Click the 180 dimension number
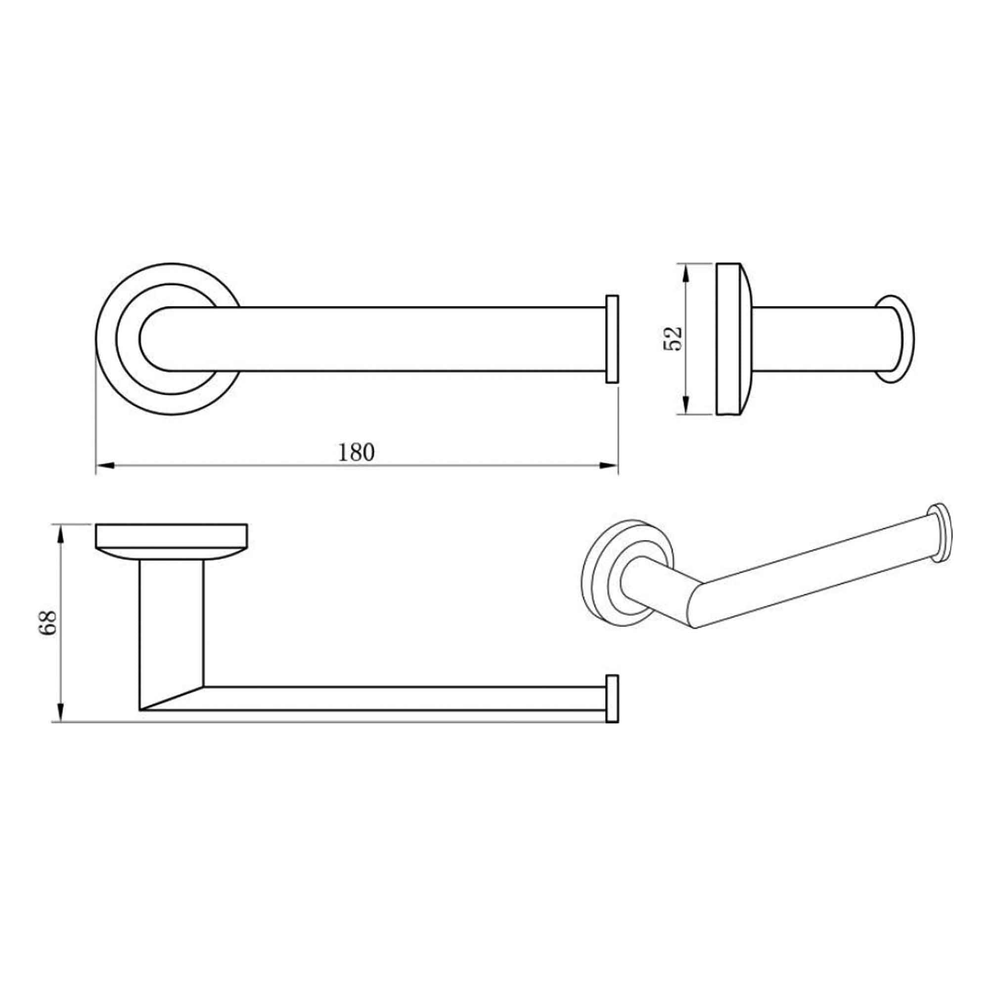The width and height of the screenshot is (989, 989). coord(356,452)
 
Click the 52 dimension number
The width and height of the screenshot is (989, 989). coord(673,338)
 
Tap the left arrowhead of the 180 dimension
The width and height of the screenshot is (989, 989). coord(104,465)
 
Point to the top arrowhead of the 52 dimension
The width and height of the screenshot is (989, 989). coord(686,272)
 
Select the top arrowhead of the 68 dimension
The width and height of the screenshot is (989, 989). coord(61,534)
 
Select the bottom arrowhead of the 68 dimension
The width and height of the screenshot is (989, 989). coord(61,713)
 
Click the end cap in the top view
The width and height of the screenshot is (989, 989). coord(612,339)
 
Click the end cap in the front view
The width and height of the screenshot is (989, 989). coord(612,699)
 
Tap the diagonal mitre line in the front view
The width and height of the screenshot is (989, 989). coord(172,698)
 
